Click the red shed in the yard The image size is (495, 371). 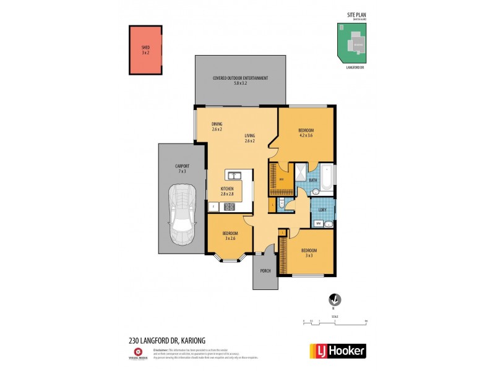[x=145, y=49]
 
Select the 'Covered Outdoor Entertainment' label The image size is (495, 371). [x=240, y=80]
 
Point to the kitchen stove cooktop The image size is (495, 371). [x=229, y=207]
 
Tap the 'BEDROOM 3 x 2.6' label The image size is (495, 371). [x=230, y=236]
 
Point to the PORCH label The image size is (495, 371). [x=265, y=271]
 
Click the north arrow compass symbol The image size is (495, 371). [x=334, y=299]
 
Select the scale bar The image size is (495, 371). [x=335, y=322]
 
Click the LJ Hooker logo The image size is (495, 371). [x=337, y=351]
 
